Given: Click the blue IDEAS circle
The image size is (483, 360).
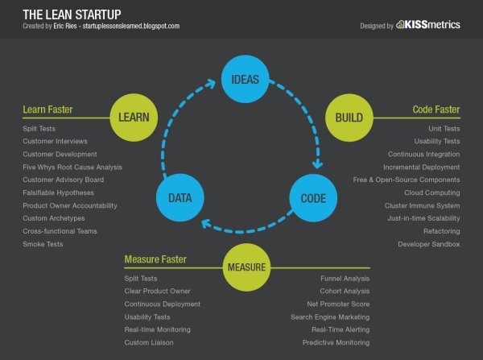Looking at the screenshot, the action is [246, 79].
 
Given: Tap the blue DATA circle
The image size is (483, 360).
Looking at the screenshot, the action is [180, 197].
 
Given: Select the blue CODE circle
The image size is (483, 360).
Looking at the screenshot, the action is [313, 198].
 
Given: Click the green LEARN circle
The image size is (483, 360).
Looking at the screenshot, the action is [134, 118].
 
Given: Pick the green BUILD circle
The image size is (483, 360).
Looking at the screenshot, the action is [349, 118].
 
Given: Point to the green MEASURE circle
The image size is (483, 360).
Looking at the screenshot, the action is [246, 267].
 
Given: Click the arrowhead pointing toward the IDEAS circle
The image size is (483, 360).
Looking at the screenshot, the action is [211, 84].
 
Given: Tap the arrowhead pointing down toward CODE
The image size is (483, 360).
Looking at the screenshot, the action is [317, 163].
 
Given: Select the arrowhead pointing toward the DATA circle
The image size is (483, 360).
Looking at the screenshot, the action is [207, 223].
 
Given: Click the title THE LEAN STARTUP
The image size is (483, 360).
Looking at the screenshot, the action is [72, 14].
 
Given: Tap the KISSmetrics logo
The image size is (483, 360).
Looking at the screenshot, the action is [428, 24].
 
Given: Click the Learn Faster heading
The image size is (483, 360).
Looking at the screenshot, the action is [47, 110].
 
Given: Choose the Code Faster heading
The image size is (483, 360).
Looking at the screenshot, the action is [436, 110].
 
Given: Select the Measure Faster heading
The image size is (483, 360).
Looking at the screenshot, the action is [155, 259].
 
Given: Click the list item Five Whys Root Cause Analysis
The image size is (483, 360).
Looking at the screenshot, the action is [72, 167].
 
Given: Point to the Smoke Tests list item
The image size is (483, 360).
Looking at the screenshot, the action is [43, 244].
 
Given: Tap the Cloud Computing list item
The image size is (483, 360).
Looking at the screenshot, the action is [432, 192].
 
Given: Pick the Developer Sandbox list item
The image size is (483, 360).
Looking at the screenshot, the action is [429, 244].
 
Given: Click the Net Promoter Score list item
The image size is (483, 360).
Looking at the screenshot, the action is [338, 304].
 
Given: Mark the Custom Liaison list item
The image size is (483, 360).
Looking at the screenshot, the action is [149, 342].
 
